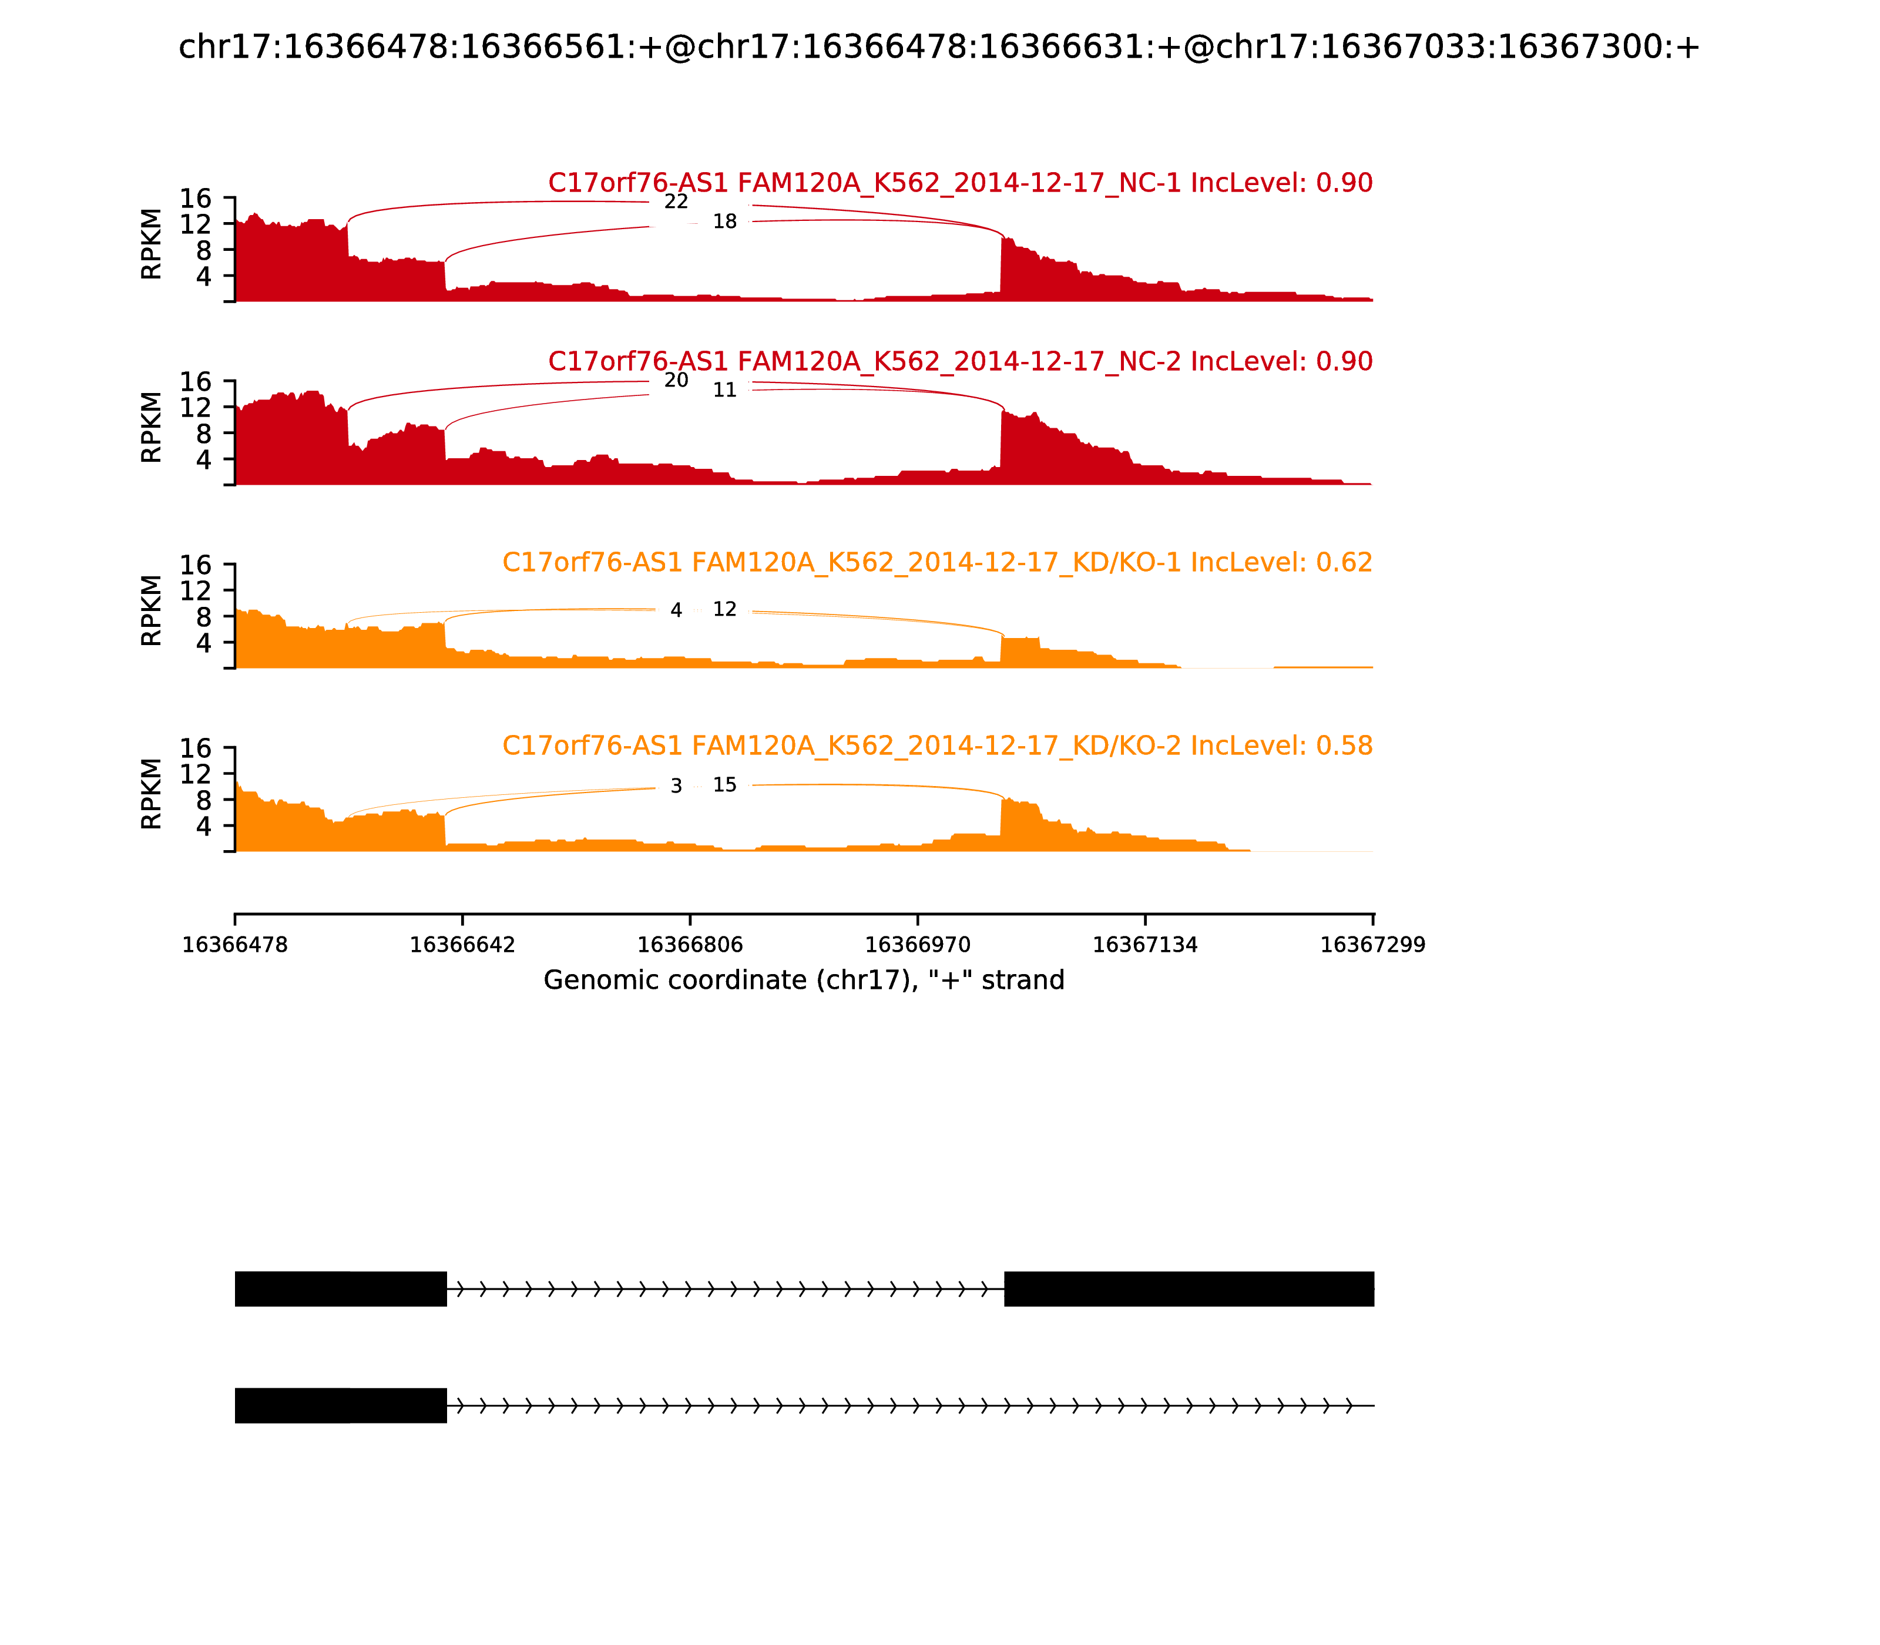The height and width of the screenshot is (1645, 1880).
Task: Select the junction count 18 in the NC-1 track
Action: pyautogui.click(x=724, y=222)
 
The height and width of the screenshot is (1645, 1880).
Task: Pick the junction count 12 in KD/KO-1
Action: pyautogui.click(x=724, y=610)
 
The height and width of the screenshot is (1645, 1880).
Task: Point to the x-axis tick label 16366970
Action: pyautogui.click(x=917, y=945)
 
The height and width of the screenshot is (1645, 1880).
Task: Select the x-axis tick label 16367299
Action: pyautogui.click(x=1372, y=945)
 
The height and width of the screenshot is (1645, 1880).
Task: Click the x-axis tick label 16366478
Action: pyautogui.click(x=235, y=945)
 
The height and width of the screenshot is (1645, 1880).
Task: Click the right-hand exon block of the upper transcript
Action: pyautogui.click(x=1189, y=1289)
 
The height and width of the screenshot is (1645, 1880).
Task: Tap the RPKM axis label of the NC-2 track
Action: pyautogui.click(x=152, y=427)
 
